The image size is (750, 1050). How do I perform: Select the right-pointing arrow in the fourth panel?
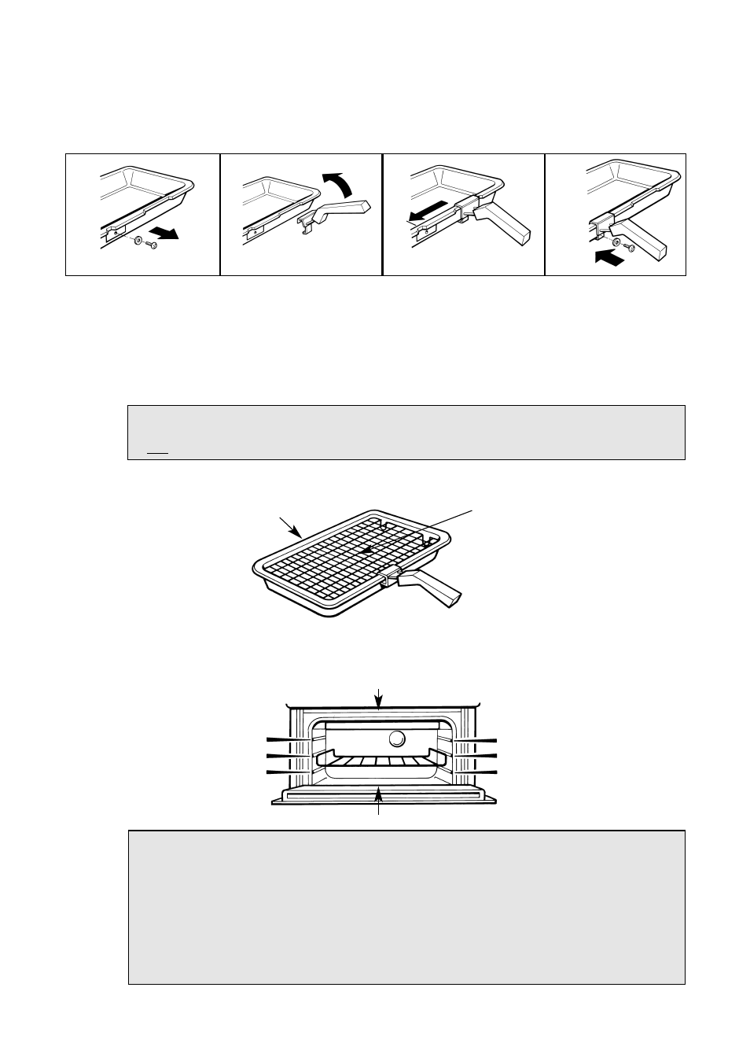612,257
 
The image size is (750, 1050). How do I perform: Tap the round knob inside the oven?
397,739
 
